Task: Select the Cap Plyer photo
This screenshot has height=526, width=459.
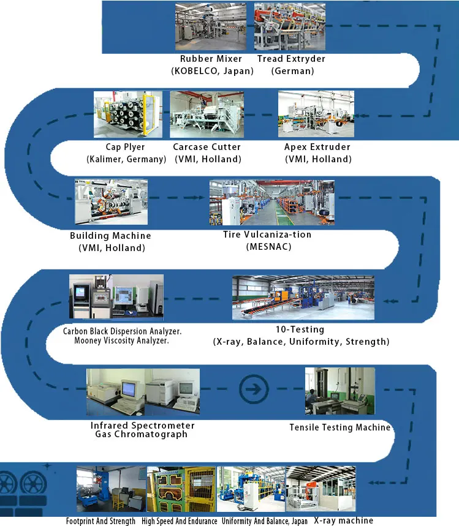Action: click(x=127, y=114)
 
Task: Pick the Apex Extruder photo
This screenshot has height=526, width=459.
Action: click(x=316, y=114)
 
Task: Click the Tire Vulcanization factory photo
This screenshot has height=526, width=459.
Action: click(x=271, y=202)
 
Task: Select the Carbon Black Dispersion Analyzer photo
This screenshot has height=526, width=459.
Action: click(x=116, y=297)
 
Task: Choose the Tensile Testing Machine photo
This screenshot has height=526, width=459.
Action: click(x=340, y=391)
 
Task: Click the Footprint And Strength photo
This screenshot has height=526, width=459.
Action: click(x=111, y=489)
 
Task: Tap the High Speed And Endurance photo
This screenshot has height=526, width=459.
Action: click(x=182, y=489)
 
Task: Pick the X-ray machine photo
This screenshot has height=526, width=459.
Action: click(x=321, y=489)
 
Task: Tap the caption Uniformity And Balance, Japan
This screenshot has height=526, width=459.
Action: click(x=265, y=521)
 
